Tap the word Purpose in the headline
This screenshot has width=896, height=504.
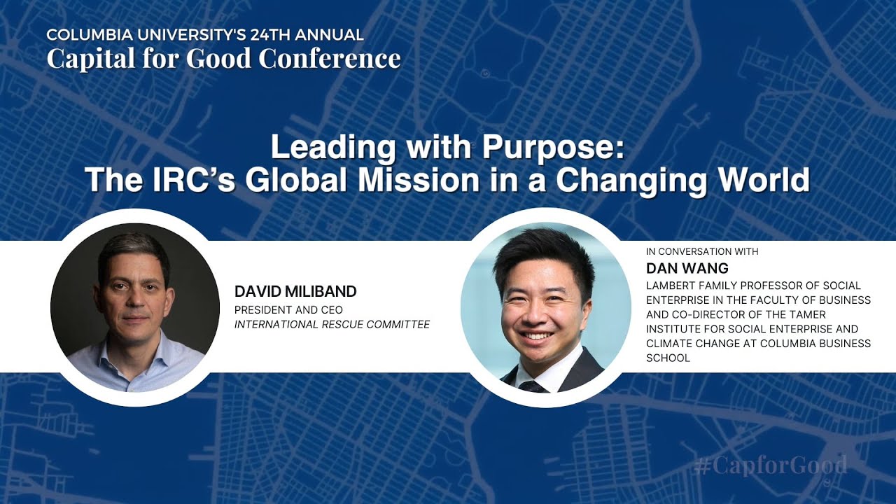coord(552,148)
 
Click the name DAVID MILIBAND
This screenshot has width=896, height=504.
coord(295,291)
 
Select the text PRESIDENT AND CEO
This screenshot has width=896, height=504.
coord(288,309)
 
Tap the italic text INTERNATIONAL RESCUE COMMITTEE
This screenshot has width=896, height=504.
coord(332,324)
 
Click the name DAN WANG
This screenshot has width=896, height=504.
coord(677,268)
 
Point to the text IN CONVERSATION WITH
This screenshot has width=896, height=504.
coord(702,251)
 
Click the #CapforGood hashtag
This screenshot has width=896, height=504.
coord(771,465)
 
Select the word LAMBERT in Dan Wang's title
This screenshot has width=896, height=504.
coord(670,286)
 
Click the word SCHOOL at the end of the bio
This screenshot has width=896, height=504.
coord(668,358)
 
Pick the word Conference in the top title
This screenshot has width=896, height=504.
coord(330,59)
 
